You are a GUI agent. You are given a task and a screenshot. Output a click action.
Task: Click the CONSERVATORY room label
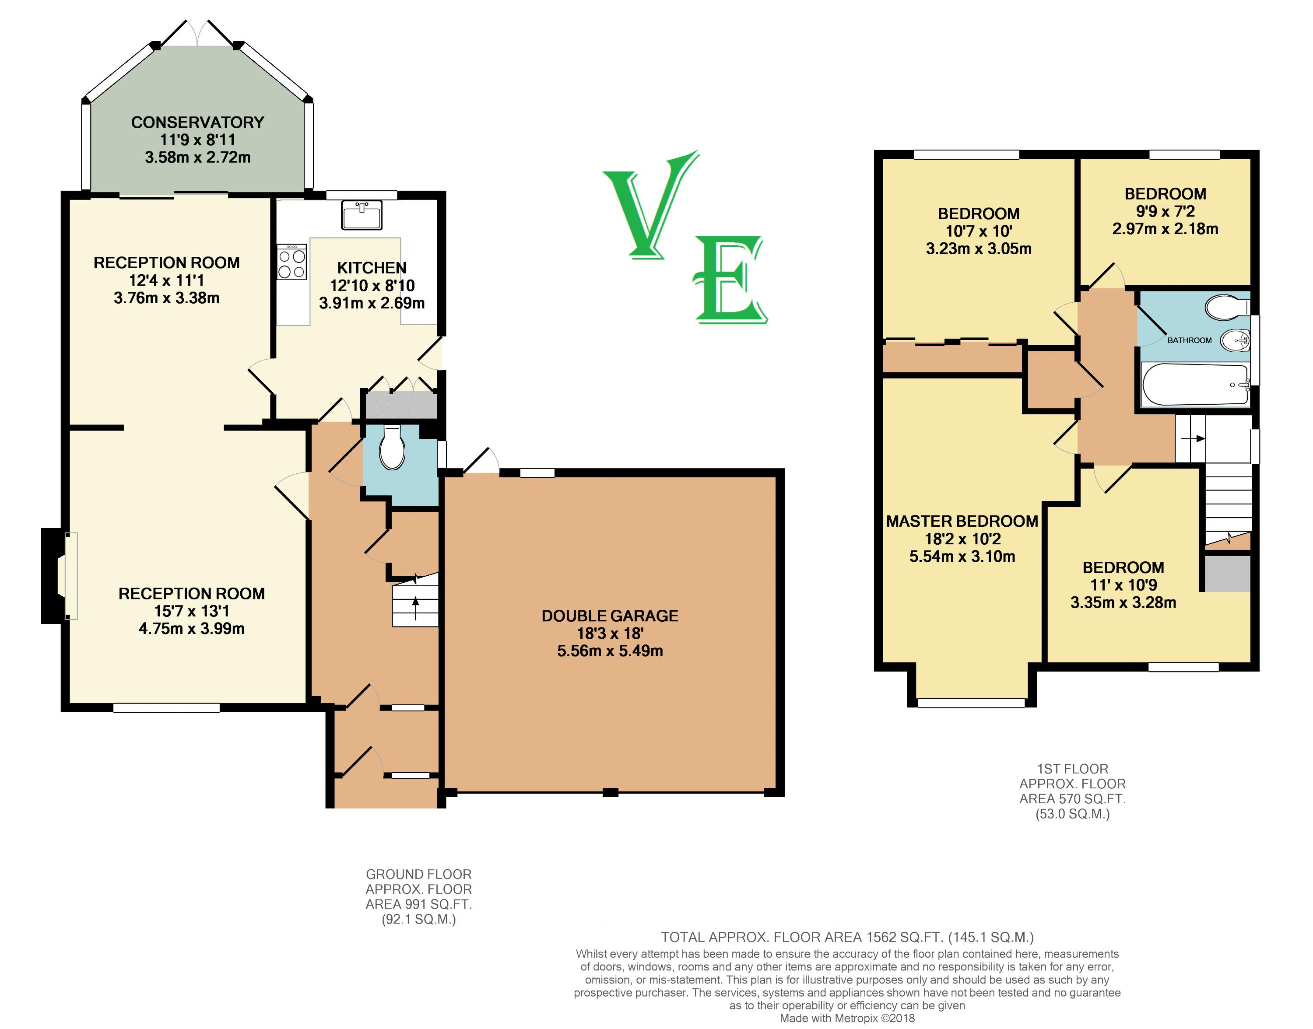[x=198, y=122]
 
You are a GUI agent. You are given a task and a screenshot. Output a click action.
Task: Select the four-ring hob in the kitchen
[x=291, y=262]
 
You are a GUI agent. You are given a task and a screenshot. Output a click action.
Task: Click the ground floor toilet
[x=392, y=447]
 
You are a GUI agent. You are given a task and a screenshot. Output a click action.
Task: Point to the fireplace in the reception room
[x=60, y=576]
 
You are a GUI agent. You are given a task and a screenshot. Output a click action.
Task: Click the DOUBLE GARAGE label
[x=610, y=616]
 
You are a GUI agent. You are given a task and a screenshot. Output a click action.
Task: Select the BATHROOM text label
[x=1190, y=340]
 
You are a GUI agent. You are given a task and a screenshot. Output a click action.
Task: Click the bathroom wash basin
[x=1235, y=341]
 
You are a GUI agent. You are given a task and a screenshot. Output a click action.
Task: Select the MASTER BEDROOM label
[x=962, y=521]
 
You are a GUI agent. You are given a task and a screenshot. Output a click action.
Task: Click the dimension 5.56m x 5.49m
[x=610, y=651]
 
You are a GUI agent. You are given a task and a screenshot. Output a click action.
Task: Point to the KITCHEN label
[x=372, y=267]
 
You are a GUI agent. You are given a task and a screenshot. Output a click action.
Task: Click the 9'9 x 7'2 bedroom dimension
[x=1166, y=211]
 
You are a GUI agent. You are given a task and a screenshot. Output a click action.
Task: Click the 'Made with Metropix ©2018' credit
[x=847, y=1018]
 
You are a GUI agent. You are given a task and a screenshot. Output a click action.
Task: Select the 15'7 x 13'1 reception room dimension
[x=192, y=611]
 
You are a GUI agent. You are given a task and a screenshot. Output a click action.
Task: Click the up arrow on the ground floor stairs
[x=415, y=607]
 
